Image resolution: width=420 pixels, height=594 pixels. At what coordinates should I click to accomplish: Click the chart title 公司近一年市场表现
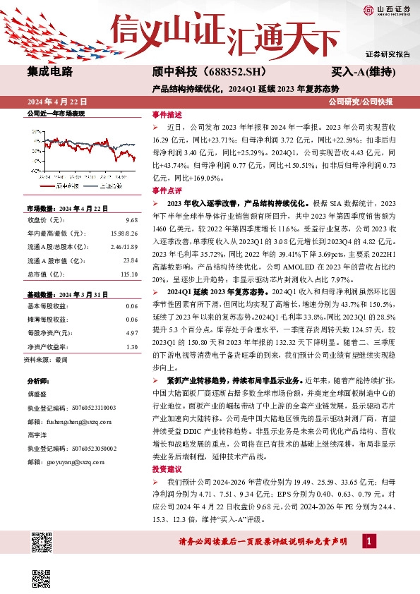tap(55, 114)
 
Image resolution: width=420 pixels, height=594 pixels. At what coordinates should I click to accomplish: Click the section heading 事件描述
tap(167, 114)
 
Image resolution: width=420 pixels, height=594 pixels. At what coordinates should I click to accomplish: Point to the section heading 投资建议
tap(167, 468)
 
